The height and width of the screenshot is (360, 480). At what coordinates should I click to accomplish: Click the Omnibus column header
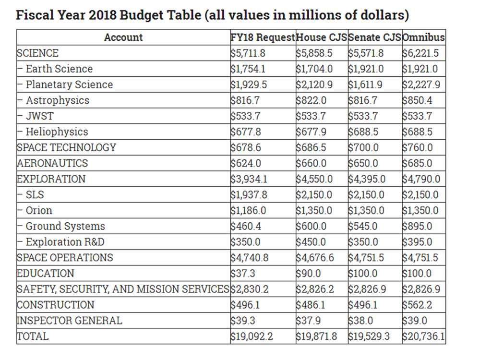coord(424,37)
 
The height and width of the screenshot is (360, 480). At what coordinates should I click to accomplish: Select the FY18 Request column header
coord(263,37)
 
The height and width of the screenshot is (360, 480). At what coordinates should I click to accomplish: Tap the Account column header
coord(123,37)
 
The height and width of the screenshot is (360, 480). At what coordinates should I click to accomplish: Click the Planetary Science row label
coord(69,84)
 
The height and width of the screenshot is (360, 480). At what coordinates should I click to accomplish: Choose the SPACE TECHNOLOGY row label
coord(66,147)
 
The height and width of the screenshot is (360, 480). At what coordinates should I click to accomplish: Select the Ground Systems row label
coord(65,226)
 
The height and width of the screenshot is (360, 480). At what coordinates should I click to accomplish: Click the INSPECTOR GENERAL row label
coord(70,320)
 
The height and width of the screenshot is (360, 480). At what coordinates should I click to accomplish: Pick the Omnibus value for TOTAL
coord(423,336)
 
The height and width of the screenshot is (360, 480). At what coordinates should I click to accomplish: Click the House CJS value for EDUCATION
coord(309,273)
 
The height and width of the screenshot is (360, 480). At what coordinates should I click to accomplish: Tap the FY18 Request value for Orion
coord(248,210)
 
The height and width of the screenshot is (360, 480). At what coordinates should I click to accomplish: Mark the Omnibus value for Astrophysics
coord(418,100)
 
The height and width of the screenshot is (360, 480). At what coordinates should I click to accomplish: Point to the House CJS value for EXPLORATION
coord(314,179)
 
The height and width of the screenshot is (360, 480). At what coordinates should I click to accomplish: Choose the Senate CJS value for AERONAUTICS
coord(363,163)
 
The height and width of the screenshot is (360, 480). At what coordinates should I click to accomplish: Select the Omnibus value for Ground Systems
coord(418,226)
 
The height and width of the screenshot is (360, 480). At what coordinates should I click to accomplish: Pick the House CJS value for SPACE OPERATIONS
coord(315,257)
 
